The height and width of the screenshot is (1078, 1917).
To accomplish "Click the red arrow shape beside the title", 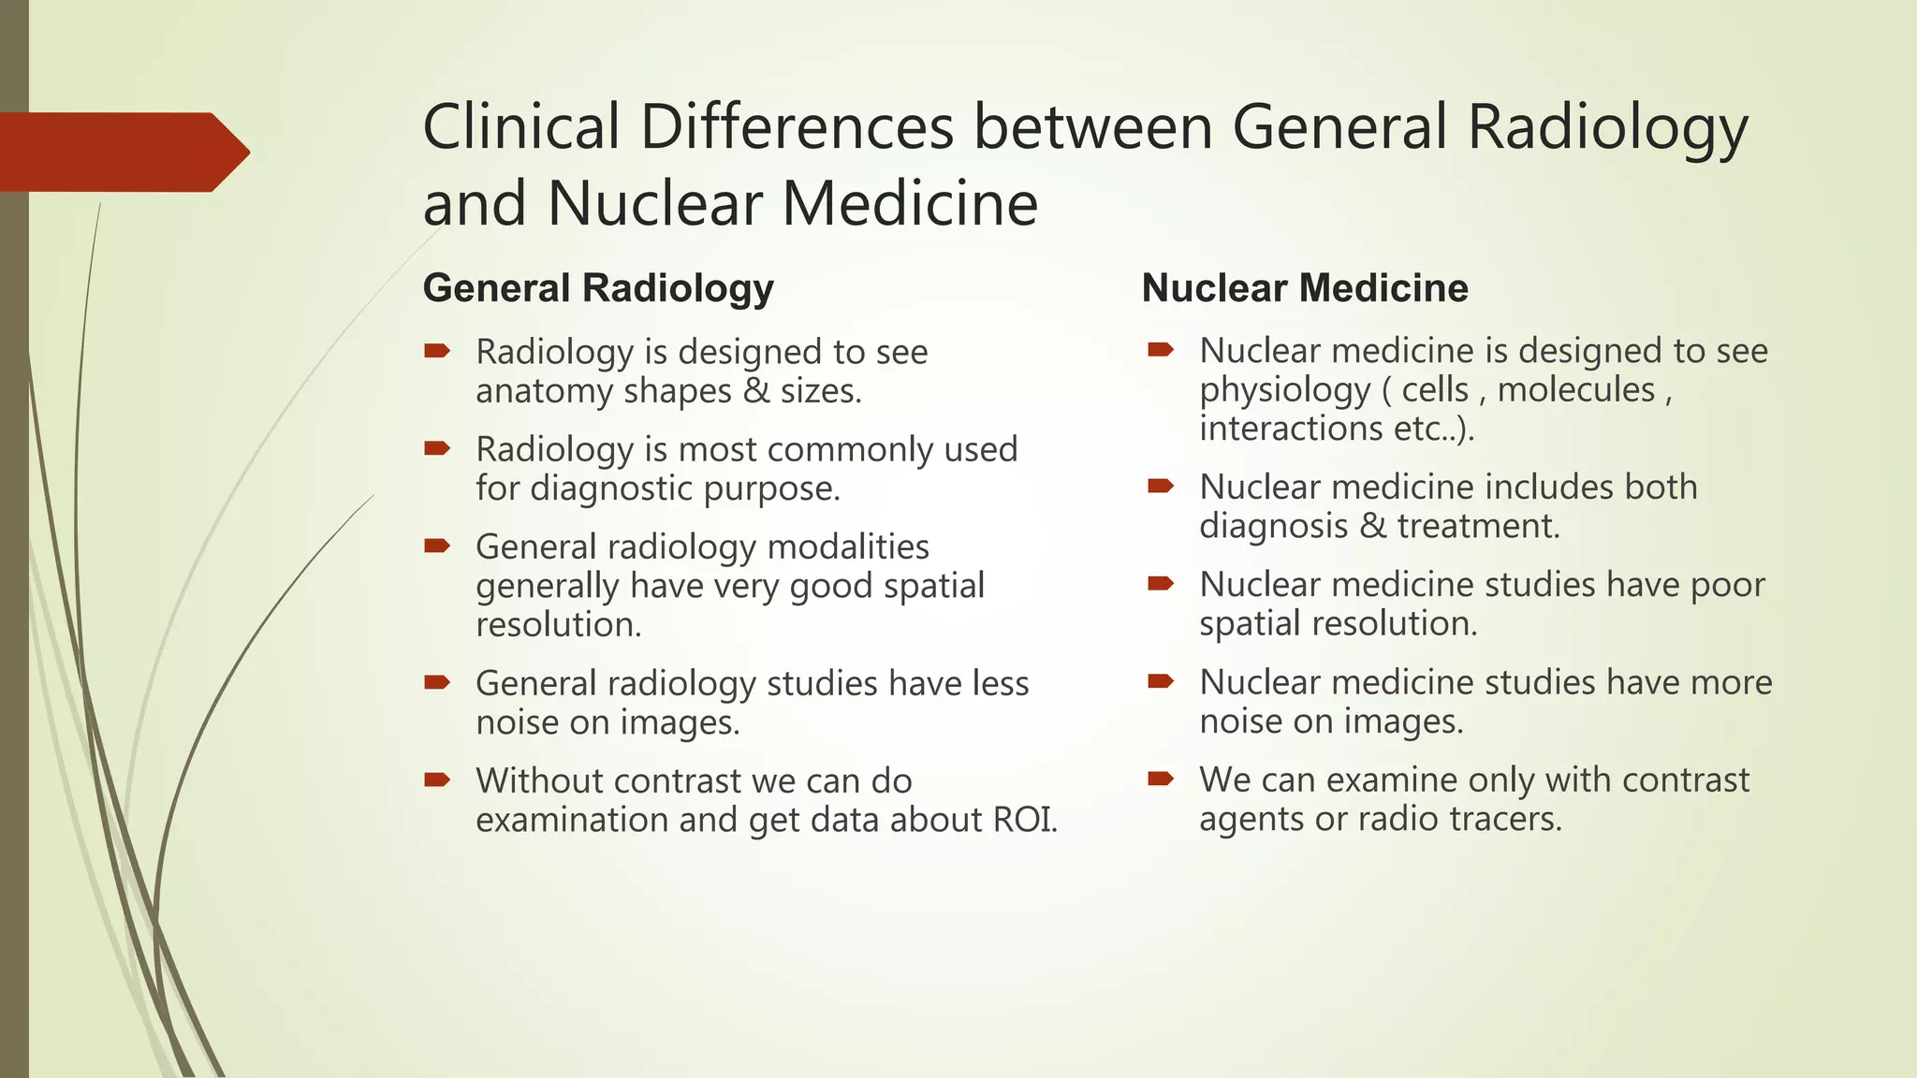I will click(x=122, y=152).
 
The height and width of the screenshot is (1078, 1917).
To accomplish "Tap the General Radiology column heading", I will click(x=598, y=288).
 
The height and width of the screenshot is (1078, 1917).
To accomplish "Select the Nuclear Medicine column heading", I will click(x=1305, y=288).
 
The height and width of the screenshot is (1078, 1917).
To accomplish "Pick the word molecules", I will click(x=1576, y=390).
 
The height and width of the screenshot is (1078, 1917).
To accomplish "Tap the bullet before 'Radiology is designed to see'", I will click(x=437, y=352).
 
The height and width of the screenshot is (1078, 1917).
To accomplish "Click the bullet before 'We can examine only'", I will click(x=1161, y=779).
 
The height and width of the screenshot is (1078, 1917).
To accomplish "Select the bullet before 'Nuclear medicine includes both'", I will click(x=1161, y=486).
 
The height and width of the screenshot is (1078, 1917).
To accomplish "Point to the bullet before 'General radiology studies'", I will click(x=437, y=682).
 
